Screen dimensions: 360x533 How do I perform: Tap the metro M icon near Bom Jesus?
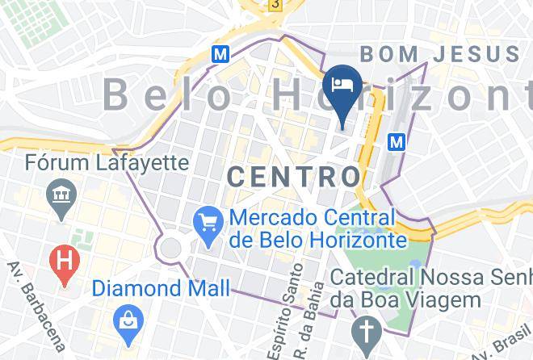[x=397, y=141]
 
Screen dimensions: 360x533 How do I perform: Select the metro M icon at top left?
[x=219, y=54]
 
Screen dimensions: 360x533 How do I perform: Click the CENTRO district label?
[x=294, y=177]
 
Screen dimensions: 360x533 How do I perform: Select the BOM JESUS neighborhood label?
[x=440, y=55]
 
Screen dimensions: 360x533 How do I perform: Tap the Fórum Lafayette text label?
[x=107, y=163]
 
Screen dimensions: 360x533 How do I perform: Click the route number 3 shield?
[x=277, y=5]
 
